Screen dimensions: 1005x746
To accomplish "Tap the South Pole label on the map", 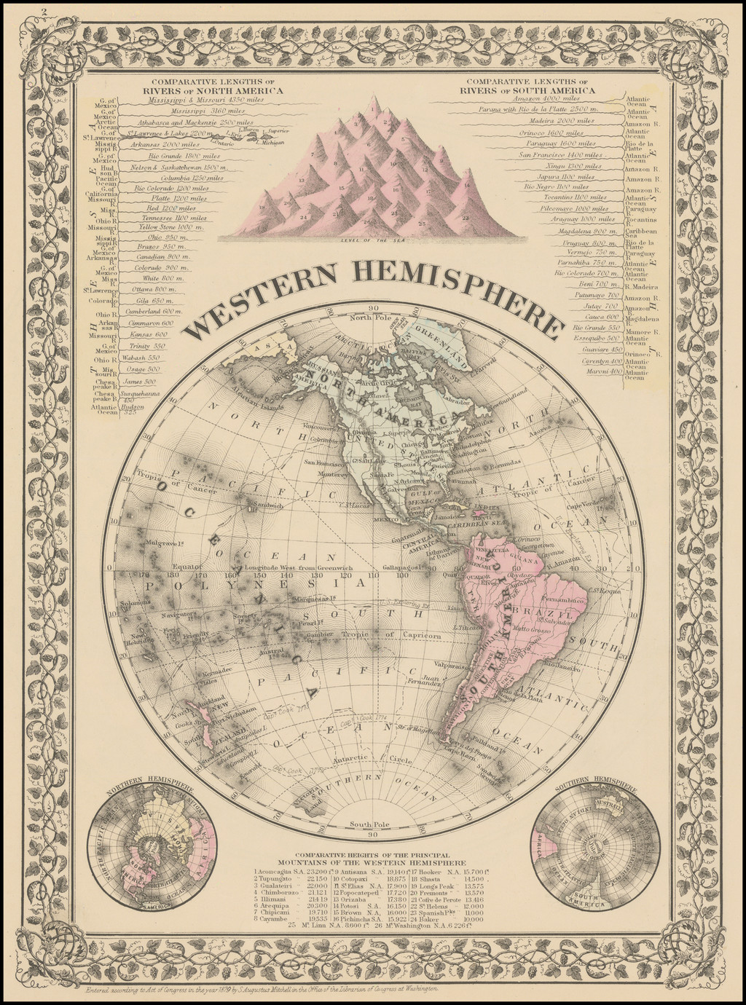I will coord(372,824).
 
